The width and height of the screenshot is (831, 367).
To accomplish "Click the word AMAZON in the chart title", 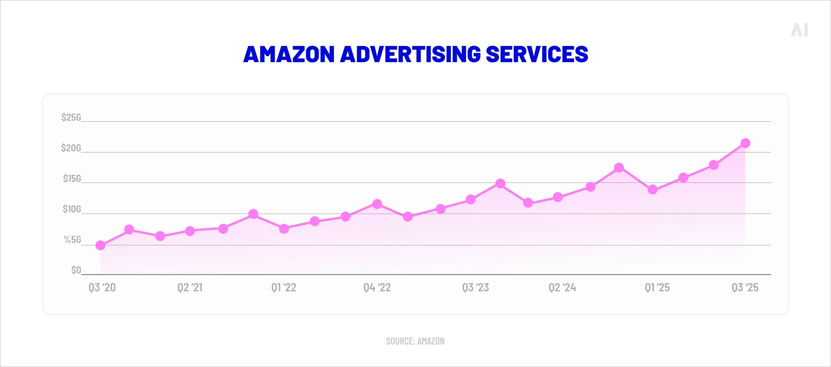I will pos(289,54).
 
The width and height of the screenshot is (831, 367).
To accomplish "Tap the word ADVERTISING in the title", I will pos(410,54).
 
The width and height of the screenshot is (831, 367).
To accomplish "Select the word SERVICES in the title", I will pos(537,54).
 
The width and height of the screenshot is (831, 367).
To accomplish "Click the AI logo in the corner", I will pos(799,30).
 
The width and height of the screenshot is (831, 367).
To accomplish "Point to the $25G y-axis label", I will pos(71,117).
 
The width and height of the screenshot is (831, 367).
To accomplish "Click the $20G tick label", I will pos(71,148).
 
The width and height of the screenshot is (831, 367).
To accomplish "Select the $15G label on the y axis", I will pos(72,179).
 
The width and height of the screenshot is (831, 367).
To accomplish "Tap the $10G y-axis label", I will pos(72,209).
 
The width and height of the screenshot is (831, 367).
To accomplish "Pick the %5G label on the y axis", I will pos(72,240).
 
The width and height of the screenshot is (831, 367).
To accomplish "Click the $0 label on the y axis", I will pos(76,270).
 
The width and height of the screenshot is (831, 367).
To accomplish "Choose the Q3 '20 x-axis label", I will pos(102,288).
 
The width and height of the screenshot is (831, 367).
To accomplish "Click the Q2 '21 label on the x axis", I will pos(190,288).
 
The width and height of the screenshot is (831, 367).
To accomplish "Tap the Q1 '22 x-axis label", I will pos(284,288).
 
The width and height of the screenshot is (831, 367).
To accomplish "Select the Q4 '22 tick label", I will pos(377,288).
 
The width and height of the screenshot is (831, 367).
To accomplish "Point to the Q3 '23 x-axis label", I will pos(475,288).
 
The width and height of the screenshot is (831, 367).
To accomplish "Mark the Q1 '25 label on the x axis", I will pos(657,288).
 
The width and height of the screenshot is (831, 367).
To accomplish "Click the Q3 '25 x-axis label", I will pos(745,288).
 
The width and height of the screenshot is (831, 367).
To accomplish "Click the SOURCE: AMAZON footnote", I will pos(415,341).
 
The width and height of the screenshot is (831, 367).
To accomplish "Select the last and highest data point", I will pos(745,143).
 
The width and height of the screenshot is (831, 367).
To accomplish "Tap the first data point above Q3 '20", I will pos(100,245).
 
